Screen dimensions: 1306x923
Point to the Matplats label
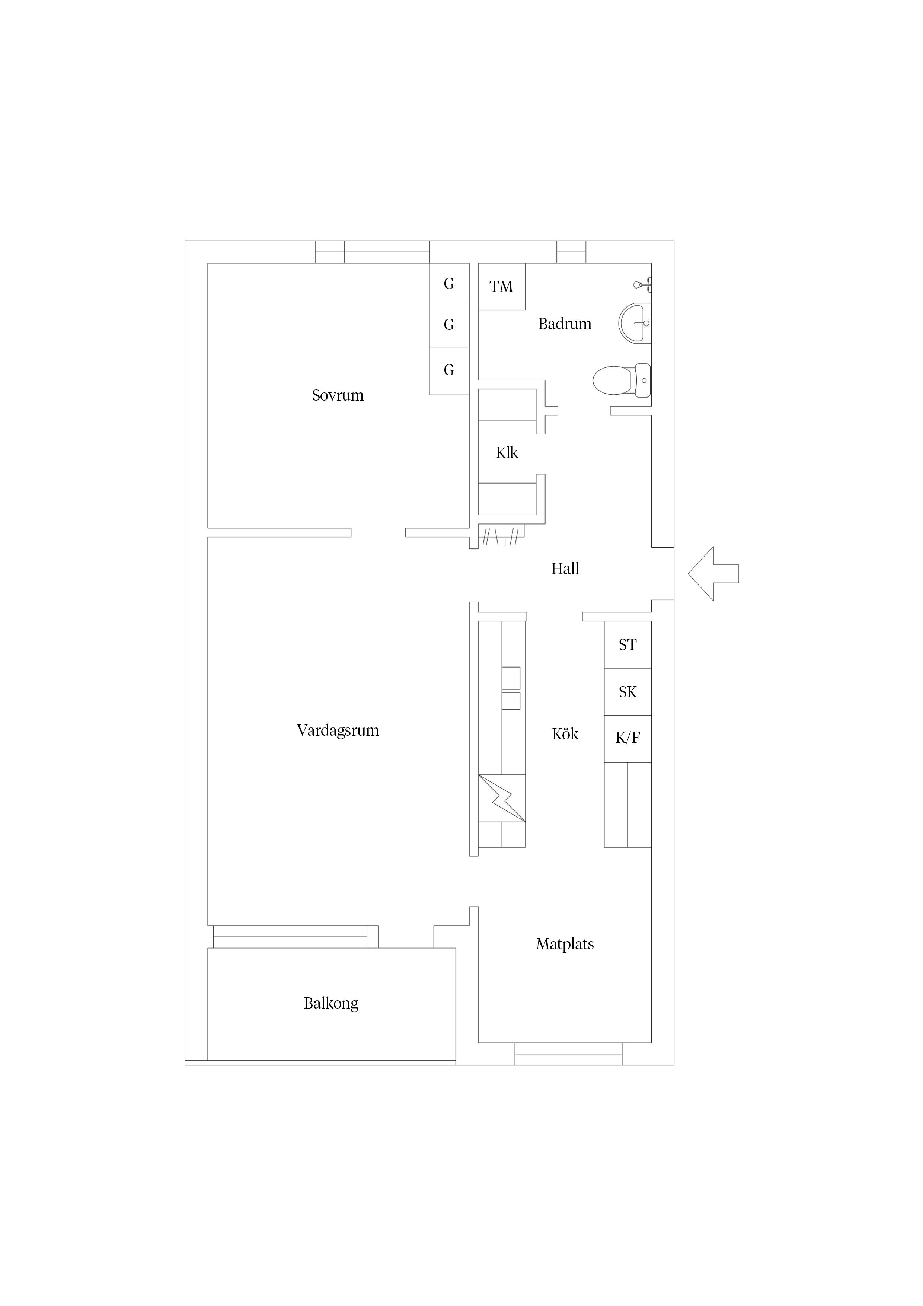(x=565, y=944)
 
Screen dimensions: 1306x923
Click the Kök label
(x=565, y=734)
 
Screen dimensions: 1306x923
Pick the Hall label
(x=565, y=569)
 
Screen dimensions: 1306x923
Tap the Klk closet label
(x=507, y=453)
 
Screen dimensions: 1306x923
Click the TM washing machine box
(x=501, y=287)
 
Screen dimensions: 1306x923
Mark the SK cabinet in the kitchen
(x=627, y=692)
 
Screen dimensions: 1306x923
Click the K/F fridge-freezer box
(x=627, y=738)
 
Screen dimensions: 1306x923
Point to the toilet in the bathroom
(x=620, y=380)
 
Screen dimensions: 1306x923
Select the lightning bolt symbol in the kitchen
(x=502, y=798)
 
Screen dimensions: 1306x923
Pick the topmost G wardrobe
(x=449, y=283)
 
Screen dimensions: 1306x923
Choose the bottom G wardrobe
(x=449, y=370)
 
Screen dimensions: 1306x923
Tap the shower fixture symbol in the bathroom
(x=643, y=284)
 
